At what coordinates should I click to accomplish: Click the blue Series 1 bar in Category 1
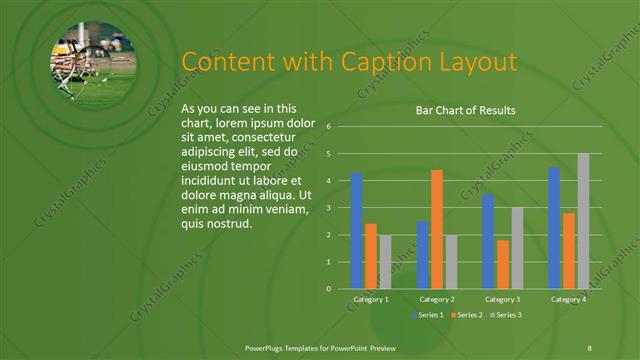coord(357,231)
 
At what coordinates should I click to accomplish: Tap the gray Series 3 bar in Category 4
coord(583,221)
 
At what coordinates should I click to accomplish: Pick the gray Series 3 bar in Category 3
coord(517,248)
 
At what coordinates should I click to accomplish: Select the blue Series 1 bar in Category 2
coord(422,255)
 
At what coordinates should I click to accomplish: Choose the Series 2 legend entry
coord(466,315)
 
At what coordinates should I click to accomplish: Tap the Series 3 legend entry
coord(505,315)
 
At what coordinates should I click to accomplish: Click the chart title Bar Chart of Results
coord(465,111)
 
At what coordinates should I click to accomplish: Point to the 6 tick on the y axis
coord(328,127)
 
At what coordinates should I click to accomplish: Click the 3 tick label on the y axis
coord(328,208)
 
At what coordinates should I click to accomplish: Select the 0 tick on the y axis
coord(328,289)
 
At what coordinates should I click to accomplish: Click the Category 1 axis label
coord(371,299)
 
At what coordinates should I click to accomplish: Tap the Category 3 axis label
coord(502,299)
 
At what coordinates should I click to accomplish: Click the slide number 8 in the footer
coord(590,346)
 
